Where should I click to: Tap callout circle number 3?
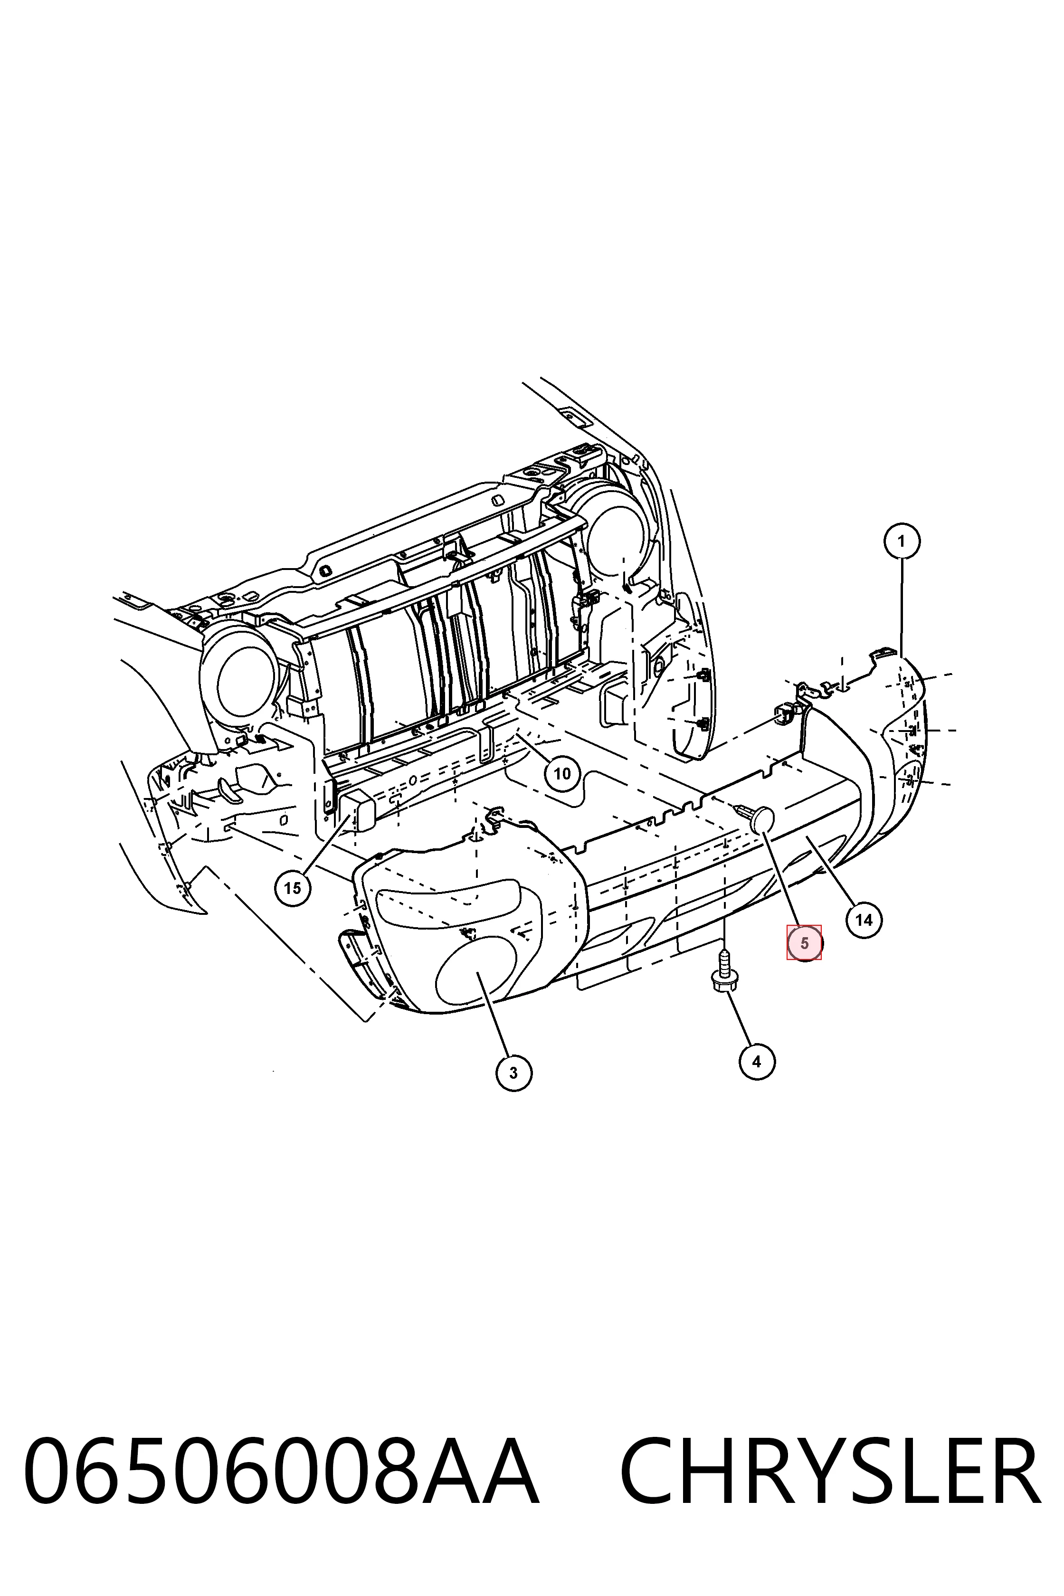[513, 1073]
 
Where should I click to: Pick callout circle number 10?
[562, 774]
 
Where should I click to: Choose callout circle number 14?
[864, 920]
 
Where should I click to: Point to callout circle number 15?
[293, 888]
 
